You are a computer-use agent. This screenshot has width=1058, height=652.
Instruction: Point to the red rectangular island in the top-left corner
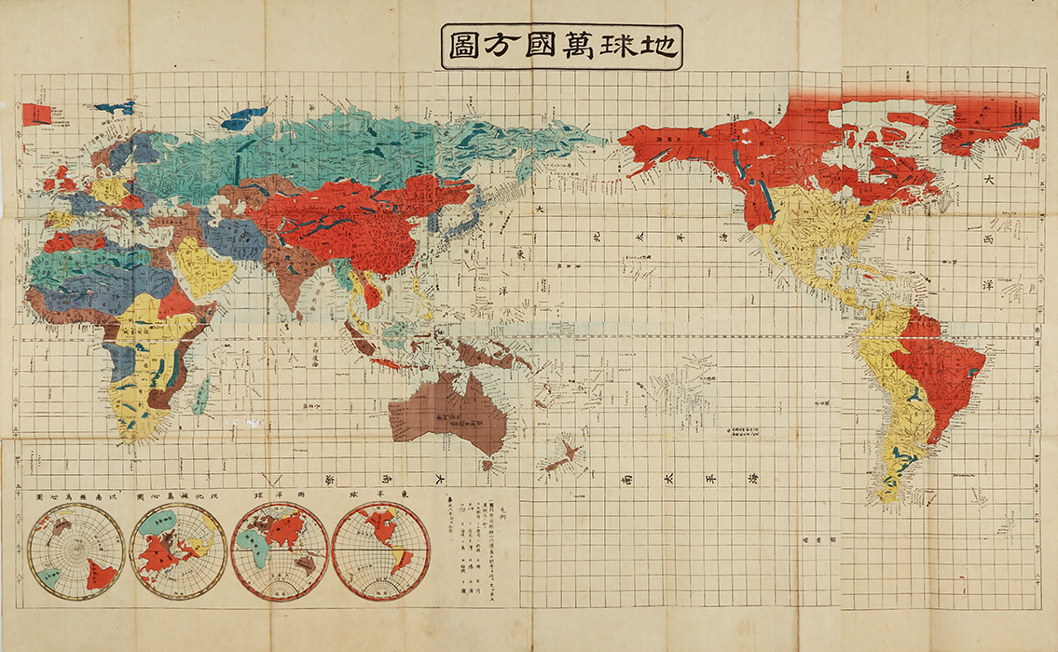36,115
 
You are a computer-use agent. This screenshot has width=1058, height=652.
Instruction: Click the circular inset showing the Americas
380,550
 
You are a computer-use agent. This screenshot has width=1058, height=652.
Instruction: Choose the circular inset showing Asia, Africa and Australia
278,550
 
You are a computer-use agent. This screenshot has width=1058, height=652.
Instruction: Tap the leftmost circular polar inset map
76,550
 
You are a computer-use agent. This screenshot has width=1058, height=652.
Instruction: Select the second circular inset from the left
178,550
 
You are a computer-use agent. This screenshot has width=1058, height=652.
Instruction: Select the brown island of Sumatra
355,326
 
